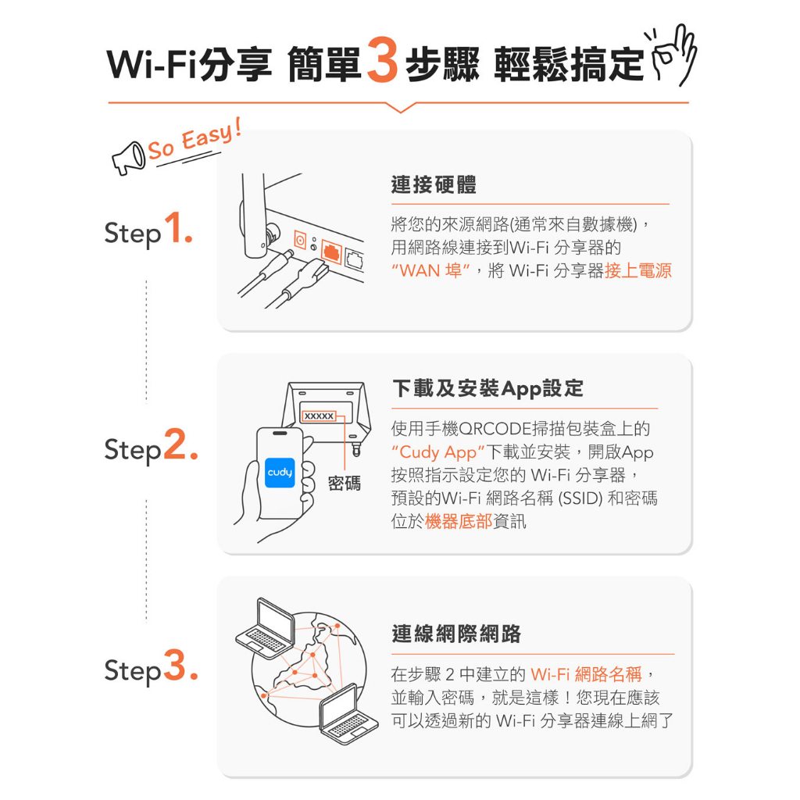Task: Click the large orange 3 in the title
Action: [382, 59]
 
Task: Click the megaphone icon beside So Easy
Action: [129, 159]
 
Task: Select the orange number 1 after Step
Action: [177, 227]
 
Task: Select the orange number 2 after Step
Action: [180, 445]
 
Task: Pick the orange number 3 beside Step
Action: [180, 665]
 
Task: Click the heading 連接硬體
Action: [434, 184]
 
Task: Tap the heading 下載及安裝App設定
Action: [487, 389]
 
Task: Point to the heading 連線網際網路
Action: [456, 634]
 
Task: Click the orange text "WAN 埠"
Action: [430, 270]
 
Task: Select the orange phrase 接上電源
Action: [637, 270]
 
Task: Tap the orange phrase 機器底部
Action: [458, 521]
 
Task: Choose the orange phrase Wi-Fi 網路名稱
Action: [586, 674]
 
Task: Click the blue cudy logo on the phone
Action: [280, 473]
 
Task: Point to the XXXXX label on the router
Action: [319, 416]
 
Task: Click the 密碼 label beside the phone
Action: [345, 483]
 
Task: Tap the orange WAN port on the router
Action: [330, 251]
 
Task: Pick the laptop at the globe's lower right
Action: [348, 714]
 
